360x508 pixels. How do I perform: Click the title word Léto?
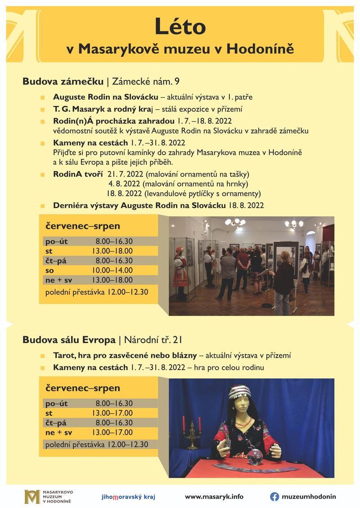pyautogui.click(x=180, y=27)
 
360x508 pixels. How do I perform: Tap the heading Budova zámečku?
pyautogui.click(x=63, y=81)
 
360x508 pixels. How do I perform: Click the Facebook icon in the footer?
pyautogui.click(x=274, y=496)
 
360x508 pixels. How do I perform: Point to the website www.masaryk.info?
pyautogui.click(x=214, y=497)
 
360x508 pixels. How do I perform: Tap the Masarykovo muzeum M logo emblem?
pyautogui.click(x=32, y=497)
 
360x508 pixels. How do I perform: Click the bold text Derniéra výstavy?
pyautogui.click(x=86, y=205)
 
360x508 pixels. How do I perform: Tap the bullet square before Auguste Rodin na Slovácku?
pyautogui.click(x=42, y=97)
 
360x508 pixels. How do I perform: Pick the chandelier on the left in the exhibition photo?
pyautogui.click(x=234, y=222)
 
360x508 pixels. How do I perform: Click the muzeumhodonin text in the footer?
pyautogui.click(x=309, y=497)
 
